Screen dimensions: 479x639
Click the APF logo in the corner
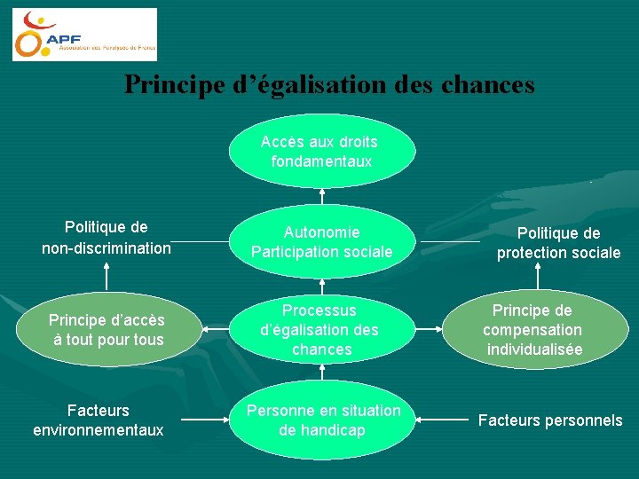coord(84,35)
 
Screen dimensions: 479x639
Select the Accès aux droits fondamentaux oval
coord(321,152)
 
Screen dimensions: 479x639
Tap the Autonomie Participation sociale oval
coord(321,242)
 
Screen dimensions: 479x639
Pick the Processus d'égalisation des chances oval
coord(321,330)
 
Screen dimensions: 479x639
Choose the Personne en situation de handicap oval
coord(322,420)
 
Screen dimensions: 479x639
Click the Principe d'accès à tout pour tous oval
coord(107,330)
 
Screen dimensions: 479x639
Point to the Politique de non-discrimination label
coord(106,238)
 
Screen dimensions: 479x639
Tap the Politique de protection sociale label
coord(558,243)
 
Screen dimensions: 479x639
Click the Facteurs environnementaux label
coord(99,420)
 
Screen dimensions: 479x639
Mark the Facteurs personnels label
coord(550,420)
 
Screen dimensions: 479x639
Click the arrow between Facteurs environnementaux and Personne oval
coord(204,420)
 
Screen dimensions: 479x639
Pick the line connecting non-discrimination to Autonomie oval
coord(199,242)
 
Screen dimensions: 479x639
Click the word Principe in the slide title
coord(170,84)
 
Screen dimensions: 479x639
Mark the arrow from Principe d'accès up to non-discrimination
coord(107,278)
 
